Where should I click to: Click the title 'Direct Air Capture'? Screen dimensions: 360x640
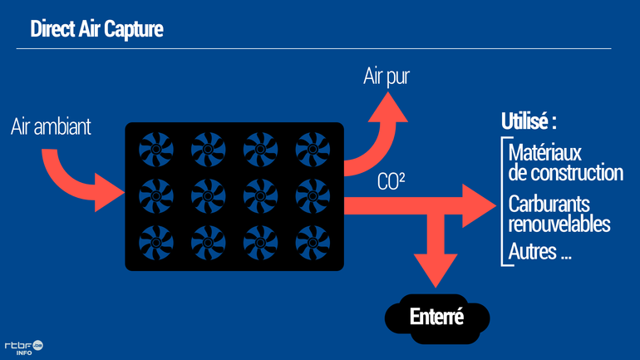point(96,29)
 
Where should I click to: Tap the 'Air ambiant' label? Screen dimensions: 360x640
point(51,127)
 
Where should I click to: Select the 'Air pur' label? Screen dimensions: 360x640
point(386,77)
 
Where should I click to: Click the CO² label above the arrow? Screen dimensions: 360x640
point(391,181)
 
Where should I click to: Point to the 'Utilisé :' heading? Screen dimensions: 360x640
point(528,121)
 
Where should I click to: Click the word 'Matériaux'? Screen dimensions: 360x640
point(544,153)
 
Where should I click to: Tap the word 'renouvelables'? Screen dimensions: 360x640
point(559,224)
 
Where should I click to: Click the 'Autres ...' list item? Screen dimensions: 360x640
point(539,252)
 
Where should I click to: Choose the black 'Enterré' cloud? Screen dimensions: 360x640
point(436,318)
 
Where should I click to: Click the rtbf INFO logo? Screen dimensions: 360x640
point(23,347)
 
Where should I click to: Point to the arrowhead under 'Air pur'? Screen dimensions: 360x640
point(387,108)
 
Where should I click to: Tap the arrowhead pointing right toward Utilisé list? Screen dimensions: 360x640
point(479,205)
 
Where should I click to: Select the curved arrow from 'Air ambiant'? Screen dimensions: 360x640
point(83,179)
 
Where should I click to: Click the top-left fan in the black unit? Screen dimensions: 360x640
point(155,150)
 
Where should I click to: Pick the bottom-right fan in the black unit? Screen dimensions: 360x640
point(313,242)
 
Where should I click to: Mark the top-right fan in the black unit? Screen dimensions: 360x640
point(313,150)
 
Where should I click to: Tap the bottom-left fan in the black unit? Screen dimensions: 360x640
point(155,242)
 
